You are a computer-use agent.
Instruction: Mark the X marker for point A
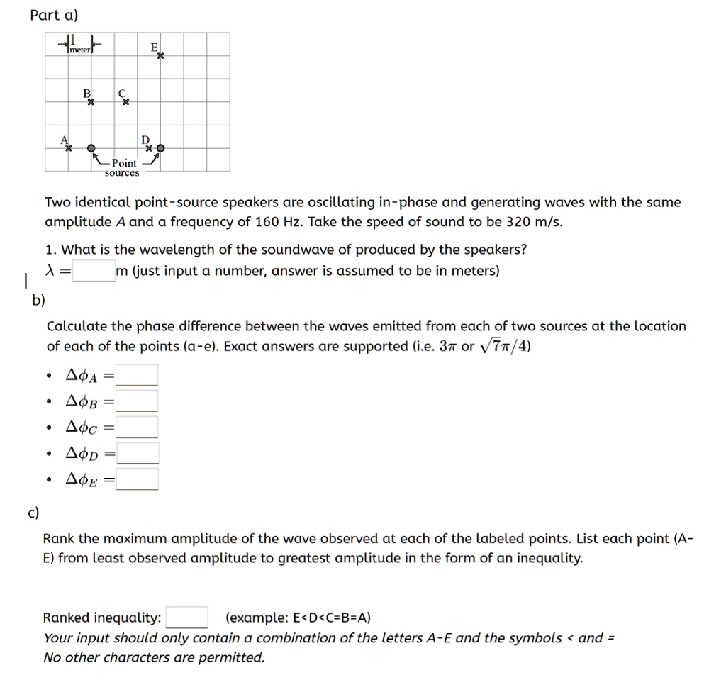click(x=69, y=149)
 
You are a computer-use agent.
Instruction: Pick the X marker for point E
click(x=160, y=56)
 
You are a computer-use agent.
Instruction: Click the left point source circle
click(x=91, y=149)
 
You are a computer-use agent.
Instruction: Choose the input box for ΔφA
click(x=138, y=374)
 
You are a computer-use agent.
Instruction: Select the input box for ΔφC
click(x=138, y=427)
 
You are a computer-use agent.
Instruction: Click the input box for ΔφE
click(x=138, y=479)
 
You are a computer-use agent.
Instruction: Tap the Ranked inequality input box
click(x=186, y=617)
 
